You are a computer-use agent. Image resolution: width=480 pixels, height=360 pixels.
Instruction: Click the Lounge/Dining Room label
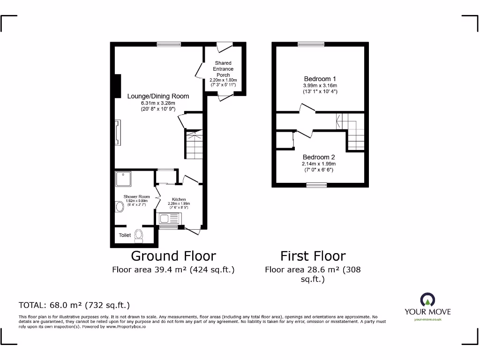[158, 96]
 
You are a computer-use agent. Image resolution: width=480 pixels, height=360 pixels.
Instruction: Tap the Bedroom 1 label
[320, 79]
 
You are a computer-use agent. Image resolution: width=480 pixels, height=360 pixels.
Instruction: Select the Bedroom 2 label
[319, 157]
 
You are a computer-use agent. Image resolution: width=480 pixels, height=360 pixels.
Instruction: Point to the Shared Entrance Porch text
[223, 69]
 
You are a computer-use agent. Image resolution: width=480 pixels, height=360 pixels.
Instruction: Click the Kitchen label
[179, 199]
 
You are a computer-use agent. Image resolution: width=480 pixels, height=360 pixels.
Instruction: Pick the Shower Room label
[136, 196]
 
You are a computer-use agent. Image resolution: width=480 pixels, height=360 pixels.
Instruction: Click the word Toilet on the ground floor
[125, 235]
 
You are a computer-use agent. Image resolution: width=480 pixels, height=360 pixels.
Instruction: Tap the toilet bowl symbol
[139, 235]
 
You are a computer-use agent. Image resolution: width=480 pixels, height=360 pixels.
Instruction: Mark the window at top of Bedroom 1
[311, 45]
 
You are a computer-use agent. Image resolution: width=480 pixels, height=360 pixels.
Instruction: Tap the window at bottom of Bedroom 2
[316, 185]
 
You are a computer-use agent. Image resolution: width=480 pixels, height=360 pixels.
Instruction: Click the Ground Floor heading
[173, 256]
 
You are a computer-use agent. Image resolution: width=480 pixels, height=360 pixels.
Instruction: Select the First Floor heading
[313, 256]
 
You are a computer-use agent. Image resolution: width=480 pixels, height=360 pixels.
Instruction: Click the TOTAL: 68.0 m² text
[74, 305]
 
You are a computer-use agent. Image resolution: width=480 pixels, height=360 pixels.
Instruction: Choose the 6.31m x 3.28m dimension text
[158, 103]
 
